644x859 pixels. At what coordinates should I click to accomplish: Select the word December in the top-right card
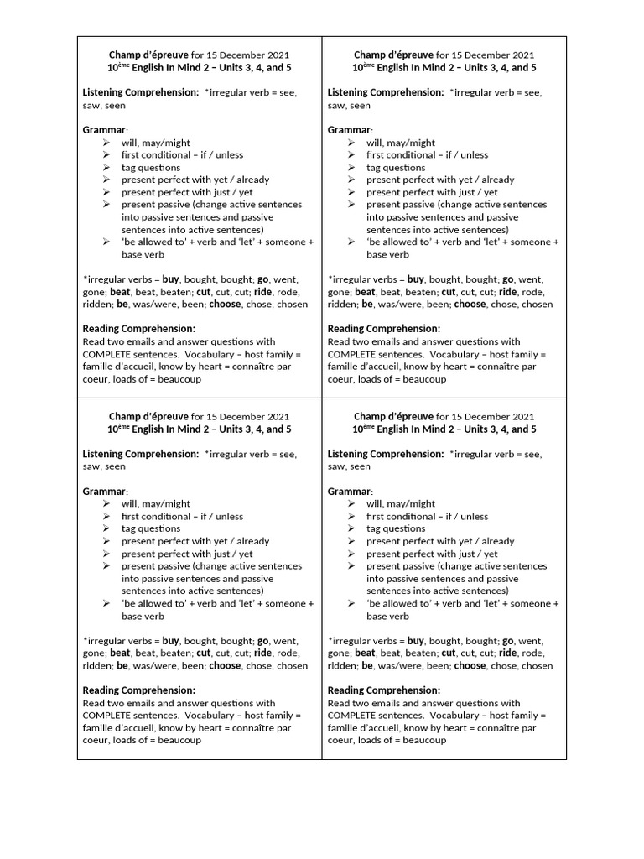tap(485, 55)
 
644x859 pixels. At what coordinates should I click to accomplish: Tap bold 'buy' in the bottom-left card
tap(172, 640)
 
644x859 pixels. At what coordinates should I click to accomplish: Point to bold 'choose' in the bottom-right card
tap(470, 665)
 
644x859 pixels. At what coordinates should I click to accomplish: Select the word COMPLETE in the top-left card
tap(109, 354)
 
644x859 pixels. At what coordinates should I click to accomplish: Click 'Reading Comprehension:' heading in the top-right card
tap(383, 329)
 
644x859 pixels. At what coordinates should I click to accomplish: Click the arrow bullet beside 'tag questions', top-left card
tap(106, 167)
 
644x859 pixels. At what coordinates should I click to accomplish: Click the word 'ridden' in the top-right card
tap(342, 305)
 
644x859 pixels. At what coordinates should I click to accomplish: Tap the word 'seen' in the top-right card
tap(360, 106)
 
